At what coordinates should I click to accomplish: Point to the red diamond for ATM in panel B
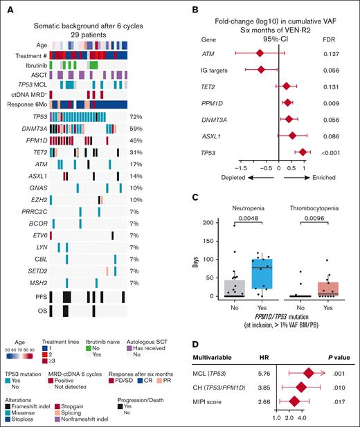pyautogui.click(x=260, y=53)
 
